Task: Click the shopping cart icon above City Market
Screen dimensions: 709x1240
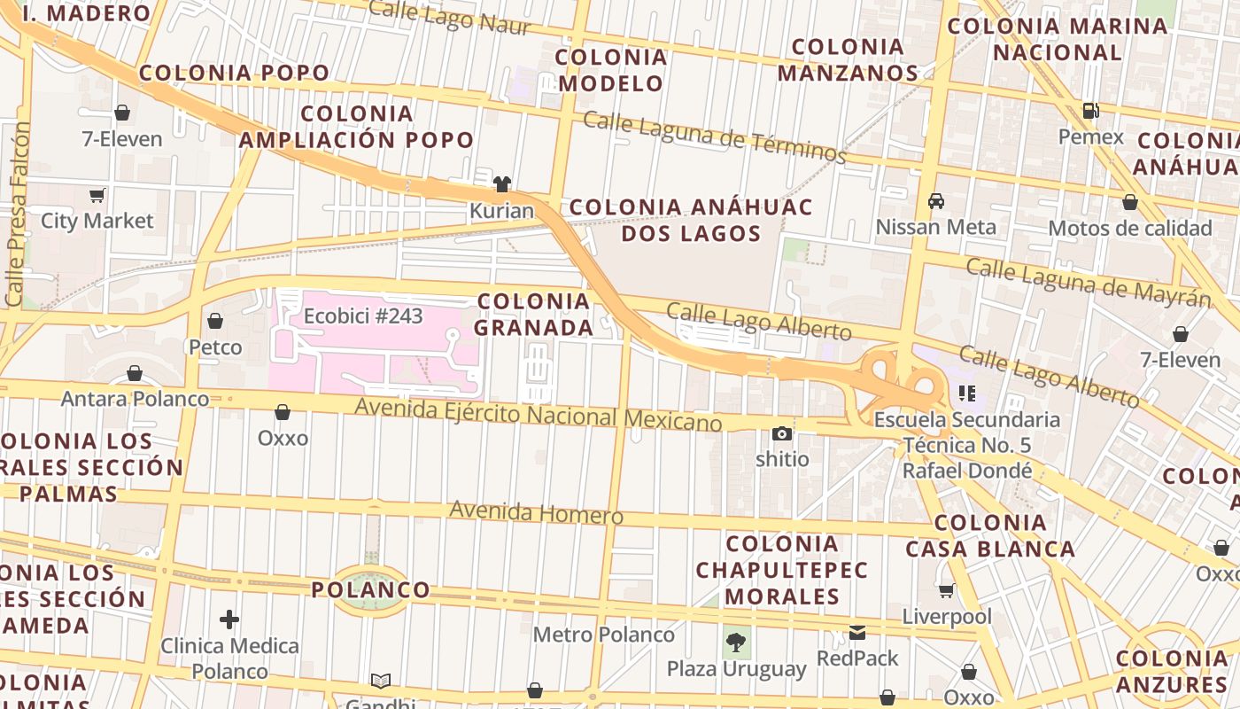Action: [97, 195]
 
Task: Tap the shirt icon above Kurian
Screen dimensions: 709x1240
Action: [502, 184]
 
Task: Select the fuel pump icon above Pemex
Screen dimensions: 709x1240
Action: [1091, 111]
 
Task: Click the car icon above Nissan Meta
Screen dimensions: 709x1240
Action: [936, 201]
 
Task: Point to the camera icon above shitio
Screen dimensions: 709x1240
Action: [781, 433]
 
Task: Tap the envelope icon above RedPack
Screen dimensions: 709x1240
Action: [857, 633]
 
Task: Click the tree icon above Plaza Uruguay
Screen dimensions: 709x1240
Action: [736, 642]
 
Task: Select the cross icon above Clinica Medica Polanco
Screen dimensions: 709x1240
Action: [229, 619]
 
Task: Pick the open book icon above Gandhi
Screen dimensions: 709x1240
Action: [381, 681]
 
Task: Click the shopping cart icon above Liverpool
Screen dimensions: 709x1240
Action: [947, 590]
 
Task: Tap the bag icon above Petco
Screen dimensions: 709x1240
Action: [215, 321]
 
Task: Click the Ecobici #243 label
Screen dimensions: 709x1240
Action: [363, 316]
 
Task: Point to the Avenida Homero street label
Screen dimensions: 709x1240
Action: [536, 512]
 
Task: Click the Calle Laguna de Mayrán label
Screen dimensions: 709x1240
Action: [1088, 282]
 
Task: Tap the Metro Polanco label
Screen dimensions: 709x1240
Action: [603, 635]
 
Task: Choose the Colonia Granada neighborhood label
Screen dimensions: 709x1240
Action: [534, 314]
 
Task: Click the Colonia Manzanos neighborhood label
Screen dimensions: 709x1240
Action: [848, 59]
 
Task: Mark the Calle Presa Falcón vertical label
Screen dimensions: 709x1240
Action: [17, 214]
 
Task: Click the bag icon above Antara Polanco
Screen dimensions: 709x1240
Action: [135, 373]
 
